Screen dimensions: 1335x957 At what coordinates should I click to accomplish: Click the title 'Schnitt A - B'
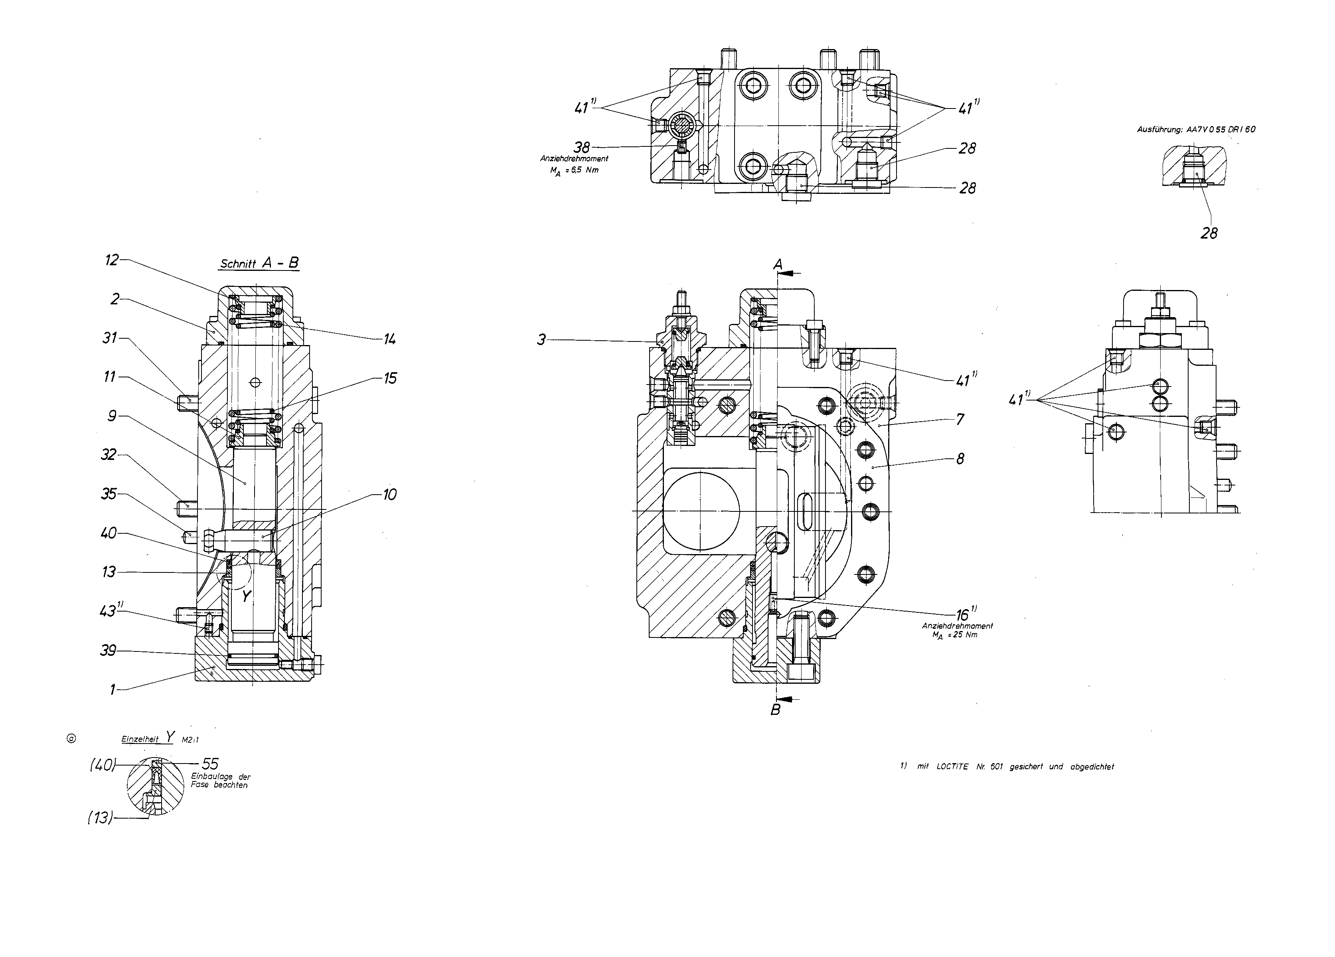pyautogui.click(x=259, y=263)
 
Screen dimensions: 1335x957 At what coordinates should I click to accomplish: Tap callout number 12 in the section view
pyautogui.click(x=112, y=260)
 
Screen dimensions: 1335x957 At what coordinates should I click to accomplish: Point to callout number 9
pyautogui.click(x=112, y=416)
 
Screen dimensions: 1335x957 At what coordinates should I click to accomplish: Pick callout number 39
pyautogui.click(x=108, y=650)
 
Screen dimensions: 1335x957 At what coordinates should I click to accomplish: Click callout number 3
pyautogui.click(x=541, y=339)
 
